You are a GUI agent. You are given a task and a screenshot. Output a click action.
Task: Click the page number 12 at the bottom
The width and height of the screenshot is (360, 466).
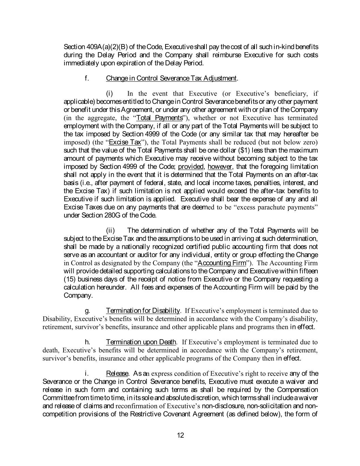pos(181,435)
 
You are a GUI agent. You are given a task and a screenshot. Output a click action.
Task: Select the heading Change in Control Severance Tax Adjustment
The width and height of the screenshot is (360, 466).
pos(171,78)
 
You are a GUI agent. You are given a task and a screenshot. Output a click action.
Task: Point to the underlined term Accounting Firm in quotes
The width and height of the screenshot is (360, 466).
pos(222,263)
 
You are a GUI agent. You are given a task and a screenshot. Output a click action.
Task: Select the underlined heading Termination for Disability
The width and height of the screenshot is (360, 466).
pos(143,310)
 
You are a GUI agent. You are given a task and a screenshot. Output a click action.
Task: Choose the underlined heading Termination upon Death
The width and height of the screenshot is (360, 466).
pos(141,342)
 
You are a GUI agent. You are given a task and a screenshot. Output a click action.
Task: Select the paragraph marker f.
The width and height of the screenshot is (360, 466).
pos(87,78)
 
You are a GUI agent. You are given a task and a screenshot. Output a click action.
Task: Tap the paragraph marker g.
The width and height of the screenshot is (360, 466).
pos(87,310)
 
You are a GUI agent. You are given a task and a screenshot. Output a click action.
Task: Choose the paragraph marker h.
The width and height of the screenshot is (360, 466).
pos(87,342)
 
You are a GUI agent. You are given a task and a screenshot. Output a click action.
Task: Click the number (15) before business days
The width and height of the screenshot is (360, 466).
pos(70,279)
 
